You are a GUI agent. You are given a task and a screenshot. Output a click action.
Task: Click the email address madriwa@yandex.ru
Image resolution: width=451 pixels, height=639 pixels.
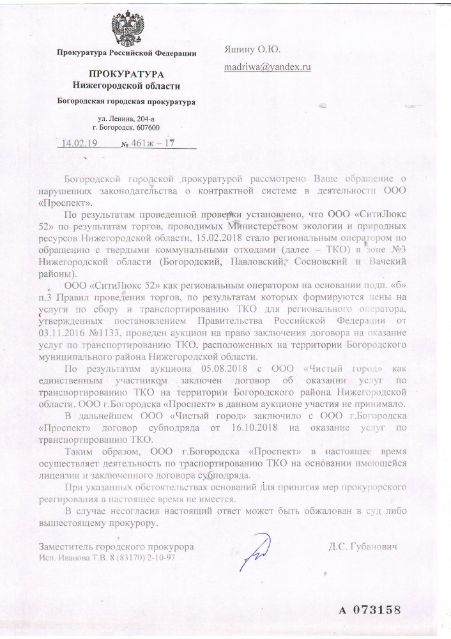(x=267, y=66)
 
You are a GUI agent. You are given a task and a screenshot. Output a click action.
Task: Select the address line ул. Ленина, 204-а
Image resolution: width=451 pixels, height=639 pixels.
(x=126, y=119)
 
